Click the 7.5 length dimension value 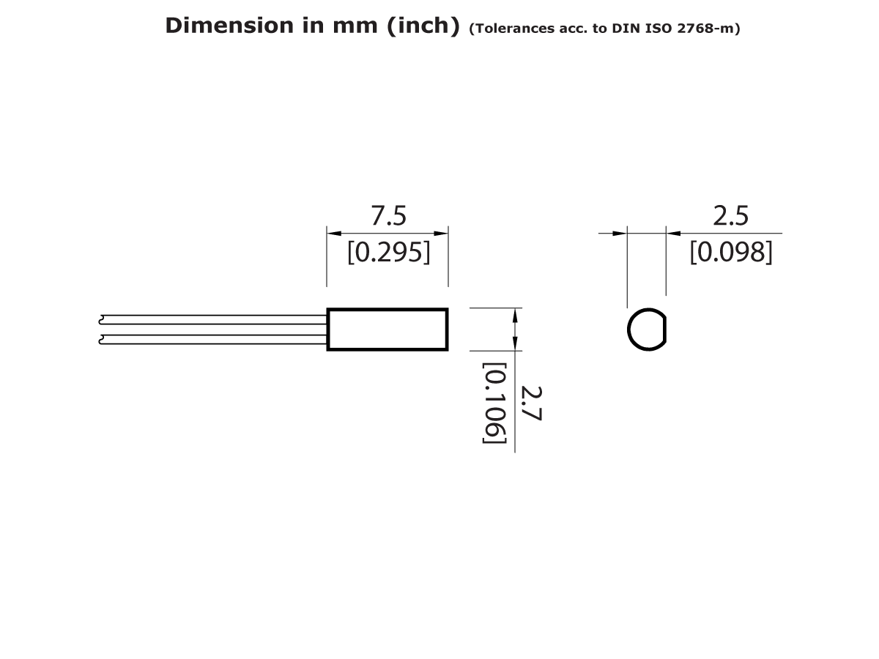pyautogui.click(x=388, y=216)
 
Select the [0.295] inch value pyautogui.click(x=388, y=253)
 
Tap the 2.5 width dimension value pyautogui.click(x=730, y=216)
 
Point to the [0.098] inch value pyautogui.click(x=730, y=253)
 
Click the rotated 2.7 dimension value pyautogui.click(x=530, y=403)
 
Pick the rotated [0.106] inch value pyautogui.click(x=494, y=403)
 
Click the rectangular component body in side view pyautogui.click(x=387, y=329)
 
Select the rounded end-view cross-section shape pyautogui.click(x=647, y=329)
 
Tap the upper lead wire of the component pyautogui.click(x=212, y=320)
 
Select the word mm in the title pyautogui.click(x=354, y=26)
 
